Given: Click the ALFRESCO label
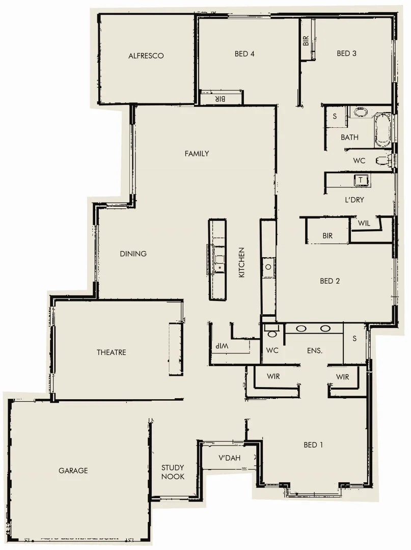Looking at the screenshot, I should point(146,56).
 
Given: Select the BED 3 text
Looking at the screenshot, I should point(346,53).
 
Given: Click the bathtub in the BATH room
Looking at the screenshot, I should point(383,130).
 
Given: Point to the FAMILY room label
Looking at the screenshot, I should point(197,153).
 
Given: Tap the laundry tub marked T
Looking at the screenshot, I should point(361,180).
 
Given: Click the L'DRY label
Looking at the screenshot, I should point(354,200).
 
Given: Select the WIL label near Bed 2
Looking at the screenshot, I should point(364,223).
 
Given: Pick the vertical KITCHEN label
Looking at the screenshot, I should point(242,262).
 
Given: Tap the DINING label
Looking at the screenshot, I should point(133,254).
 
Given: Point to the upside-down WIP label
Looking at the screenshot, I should point(223,346).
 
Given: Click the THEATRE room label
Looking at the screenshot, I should point(112,352).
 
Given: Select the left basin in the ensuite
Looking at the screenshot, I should point(301,328).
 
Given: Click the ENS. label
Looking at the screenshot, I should point(315,350).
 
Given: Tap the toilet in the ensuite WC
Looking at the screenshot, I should point(272,333).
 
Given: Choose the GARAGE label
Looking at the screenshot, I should point(73,471).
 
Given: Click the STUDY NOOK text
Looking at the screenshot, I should point(173,472).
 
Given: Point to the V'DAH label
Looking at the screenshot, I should point(229,458).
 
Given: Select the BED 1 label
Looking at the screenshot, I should point(313,445).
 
